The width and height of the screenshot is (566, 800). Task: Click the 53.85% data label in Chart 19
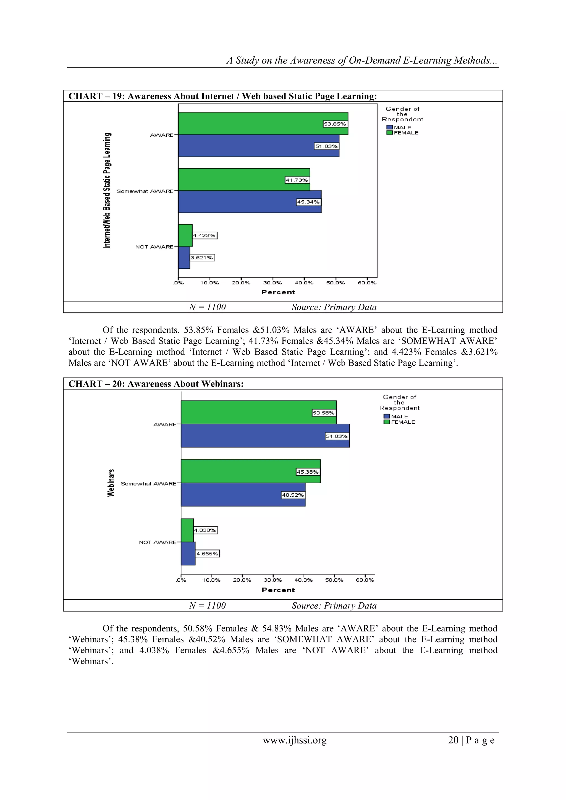click(x=335, y=124)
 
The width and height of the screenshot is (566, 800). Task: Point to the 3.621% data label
click(x=202, y=258)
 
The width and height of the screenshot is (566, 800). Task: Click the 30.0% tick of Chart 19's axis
click(x=272, y=283)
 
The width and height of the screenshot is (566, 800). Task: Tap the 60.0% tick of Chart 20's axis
click(x=365, y=580)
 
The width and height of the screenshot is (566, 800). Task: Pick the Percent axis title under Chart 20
click(x=278, y=590)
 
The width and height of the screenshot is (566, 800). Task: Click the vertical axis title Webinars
click(x=111, y=483)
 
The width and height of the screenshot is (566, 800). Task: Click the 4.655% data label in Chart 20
click(x=207, y=554)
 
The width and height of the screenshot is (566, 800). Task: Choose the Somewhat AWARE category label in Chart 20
click(x=148, y=484)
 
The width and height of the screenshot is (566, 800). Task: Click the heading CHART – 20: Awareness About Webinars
click(x=156, y=384)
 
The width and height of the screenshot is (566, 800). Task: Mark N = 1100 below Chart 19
click(x=207, y=307)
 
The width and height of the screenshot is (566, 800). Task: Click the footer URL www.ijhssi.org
click(x=295, y=740)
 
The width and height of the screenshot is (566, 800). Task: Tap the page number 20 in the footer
click(x=453, y=740)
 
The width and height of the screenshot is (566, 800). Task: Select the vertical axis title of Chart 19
click(x=107, y=191)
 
